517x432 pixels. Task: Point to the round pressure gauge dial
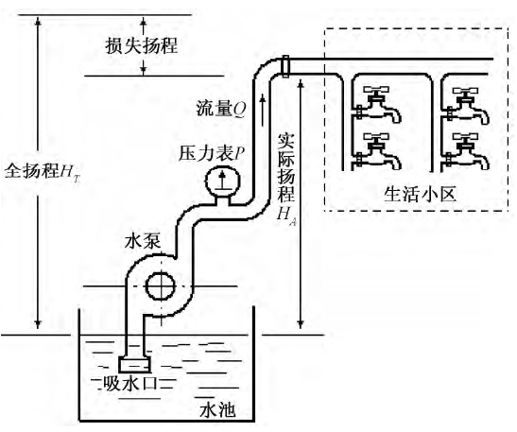click(222, 180)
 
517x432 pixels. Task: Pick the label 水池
click(216, 408)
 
